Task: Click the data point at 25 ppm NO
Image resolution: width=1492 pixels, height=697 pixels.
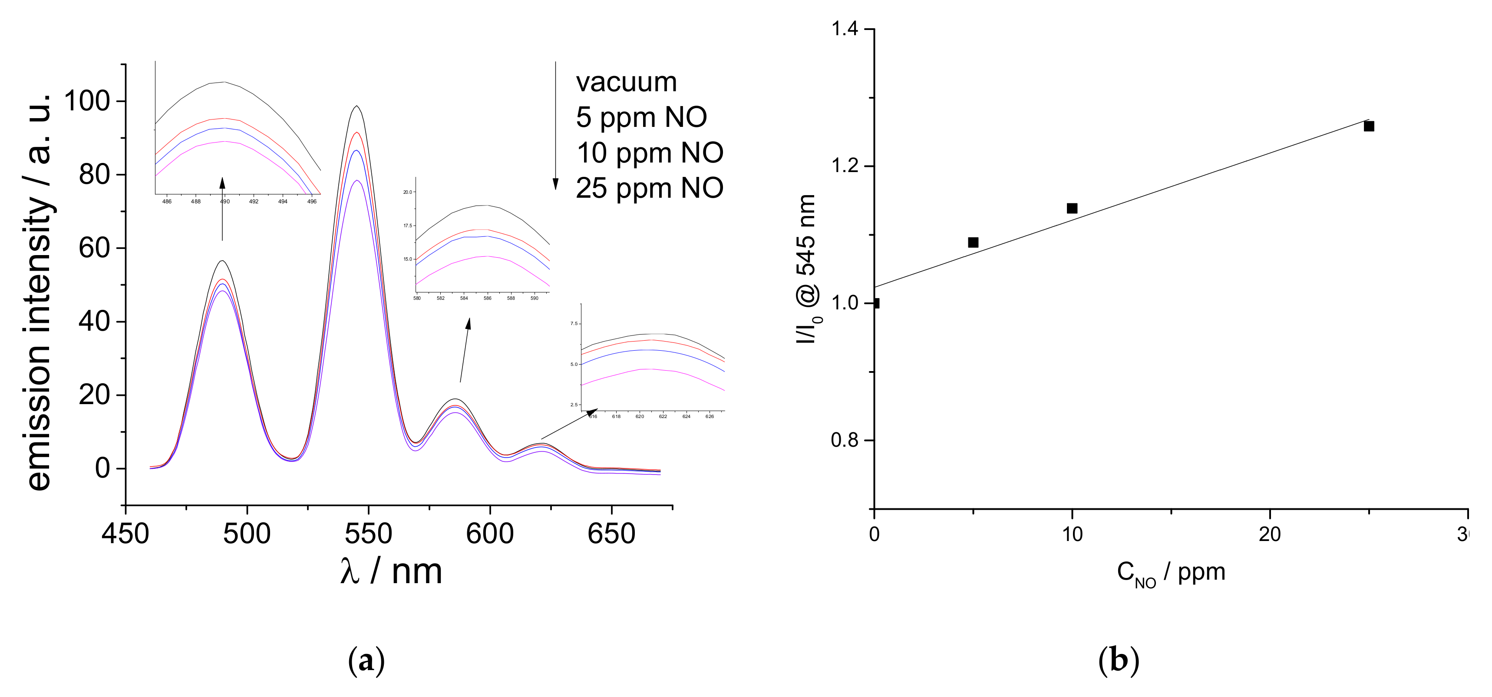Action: tap(1369, 126)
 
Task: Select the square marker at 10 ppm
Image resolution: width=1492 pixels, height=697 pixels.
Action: tap(1072, 208)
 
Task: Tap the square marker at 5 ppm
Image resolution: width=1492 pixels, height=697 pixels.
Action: tap(973, 242)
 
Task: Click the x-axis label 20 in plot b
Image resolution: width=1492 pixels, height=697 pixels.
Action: tap(1270, 534)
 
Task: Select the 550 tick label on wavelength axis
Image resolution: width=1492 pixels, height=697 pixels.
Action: tap(368, 534)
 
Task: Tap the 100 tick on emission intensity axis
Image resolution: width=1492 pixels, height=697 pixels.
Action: tap(87, 101)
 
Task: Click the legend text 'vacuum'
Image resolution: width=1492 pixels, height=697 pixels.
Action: tap(626, 82)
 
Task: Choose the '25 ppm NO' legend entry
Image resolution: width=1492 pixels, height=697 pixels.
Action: tap(649, 188)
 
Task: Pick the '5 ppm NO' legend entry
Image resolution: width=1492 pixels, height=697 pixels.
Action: tap(641, 118)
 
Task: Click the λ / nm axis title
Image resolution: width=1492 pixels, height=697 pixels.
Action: tap(392, 572)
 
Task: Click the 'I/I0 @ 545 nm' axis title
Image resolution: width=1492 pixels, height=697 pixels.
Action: tap(807, 269)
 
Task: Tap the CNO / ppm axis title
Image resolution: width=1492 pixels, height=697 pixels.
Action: tap(1171, 574)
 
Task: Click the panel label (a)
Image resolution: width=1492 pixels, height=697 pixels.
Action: tap(366, 660)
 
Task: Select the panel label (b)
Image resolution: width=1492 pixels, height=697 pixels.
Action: tap(1119, 660)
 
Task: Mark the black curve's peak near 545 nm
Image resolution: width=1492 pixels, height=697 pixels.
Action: tap(357, 106)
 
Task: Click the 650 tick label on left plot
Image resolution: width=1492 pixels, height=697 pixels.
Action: tap(611, 534)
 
